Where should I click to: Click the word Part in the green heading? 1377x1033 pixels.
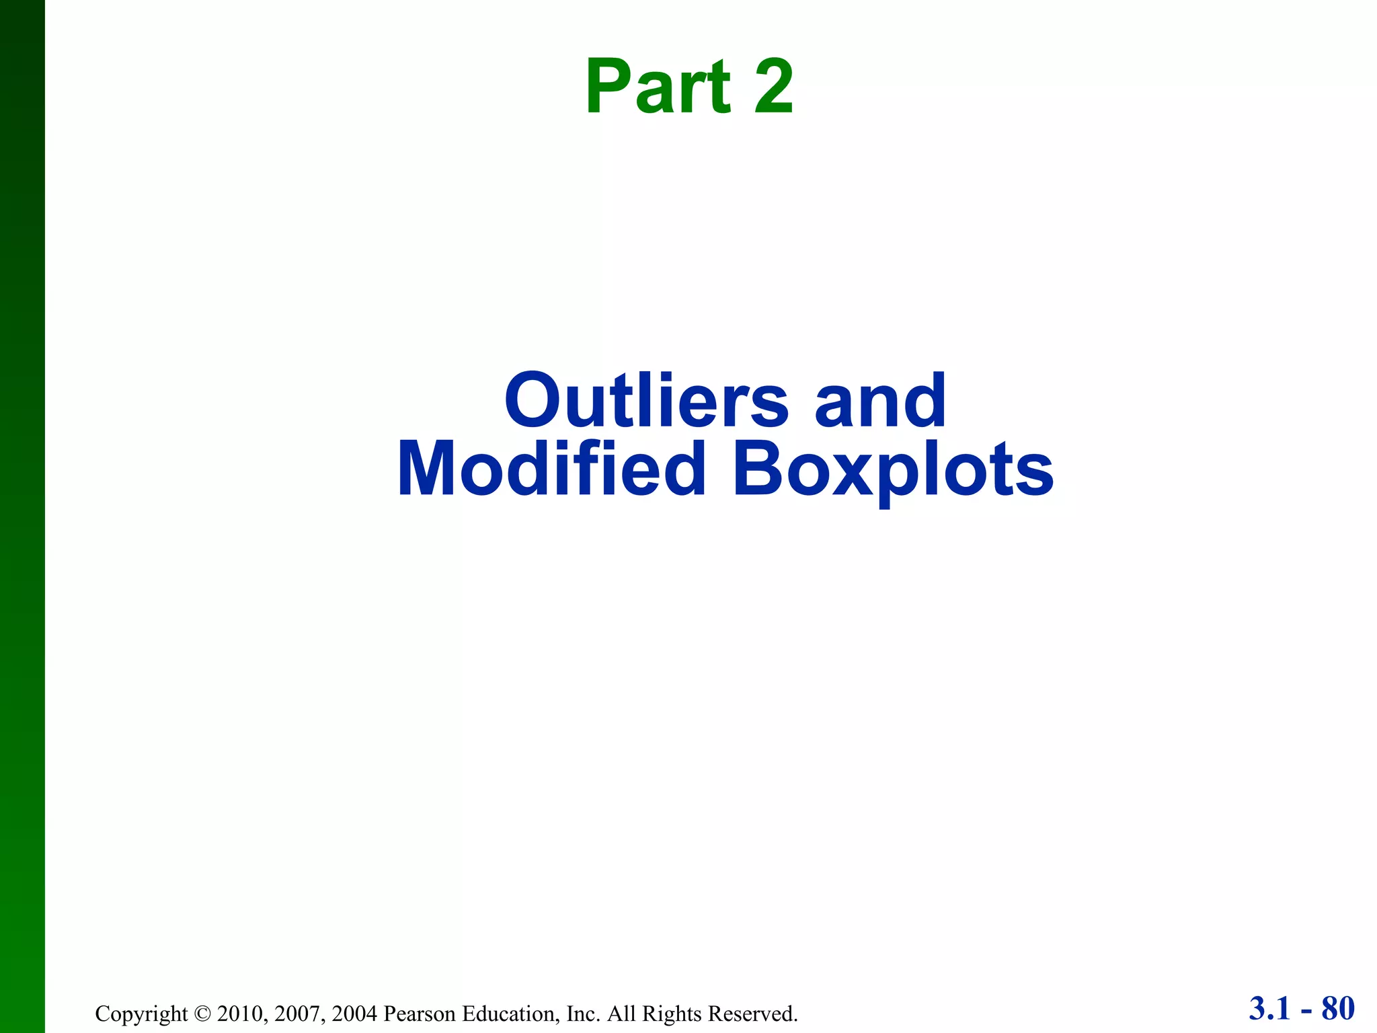[x=658, y=87]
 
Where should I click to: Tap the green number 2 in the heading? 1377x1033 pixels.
[x=773, y=87]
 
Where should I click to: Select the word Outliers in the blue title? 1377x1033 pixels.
[x=646, y=401]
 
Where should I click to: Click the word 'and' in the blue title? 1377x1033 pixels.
[x=880, y=401]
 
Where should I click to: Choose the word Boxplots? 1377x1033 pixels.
[x=893, y=471]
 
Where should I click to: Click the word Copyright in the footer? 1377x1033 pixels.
[x=141, y=1013]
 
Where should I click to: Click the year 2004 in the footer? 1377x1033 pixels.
[x=354, y=1013]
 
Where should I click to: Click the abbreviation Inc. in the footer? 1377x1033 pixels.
[x=583, y=1013]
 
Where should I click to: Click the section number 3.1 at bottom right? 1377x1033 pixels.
[x=1270, y=1009]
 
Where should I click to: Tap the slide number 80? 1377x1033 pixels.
[x=1338, y=1009]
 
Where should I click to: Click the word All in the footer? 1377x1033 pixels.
[x=621, y=1013]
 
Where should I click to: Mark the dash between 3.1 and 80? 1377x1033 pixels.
[x=1306, y=1011]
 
